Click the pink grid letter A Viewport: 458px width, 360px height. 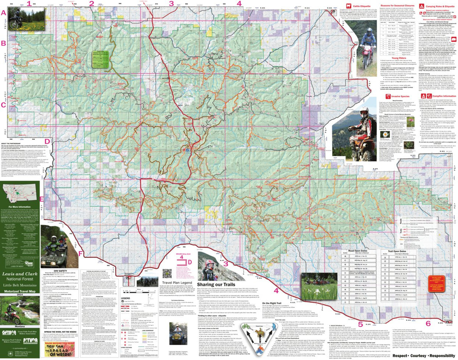pos(4,12)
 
